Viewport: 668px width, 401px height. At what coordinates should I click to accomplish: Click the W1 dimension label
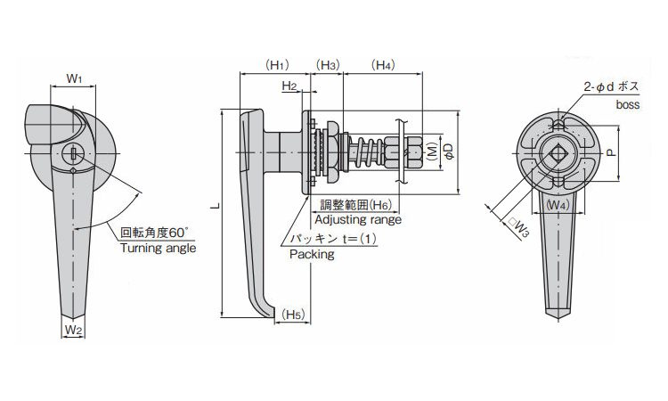75,79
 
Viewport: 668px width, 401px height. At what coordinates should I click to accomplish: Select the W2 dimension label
74,330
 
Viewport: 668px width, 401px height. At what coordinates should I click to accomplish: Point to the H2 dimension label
289,86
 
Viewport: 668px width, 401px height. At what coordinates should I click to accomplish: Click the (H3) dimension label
329,64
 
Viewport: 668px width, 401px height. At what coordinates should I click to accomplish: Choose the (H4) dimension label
384,64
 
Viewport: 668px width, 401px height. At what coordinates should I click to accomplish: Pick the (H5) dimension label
293,315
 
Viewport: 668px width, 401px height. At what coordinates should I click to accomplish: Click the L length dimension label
214,208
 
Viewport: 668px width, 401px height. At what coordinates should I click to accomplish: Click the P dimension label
611,152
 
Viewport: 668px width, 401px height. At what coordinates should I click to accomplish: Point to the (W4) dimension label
557,205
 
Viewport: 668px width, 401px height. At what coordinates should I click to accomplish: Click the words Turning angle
159,249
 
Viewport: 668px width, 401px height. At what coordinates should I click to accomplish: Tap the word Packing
312,255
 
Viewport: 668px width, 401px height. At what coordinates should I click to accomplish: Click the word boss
628,105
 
